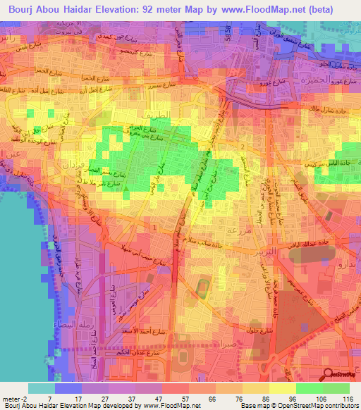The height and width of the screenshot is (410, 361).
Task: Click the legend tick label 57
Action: click(x=176, y=398)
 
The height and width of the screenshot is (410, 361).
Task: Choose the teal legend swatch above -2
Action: click(x=42, y=388)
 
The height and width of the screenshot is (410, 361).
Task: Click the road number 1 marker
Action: click(x=154, y=227)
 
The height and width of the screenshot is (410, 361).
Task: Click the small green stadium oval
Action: click(x=203, y=287)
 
